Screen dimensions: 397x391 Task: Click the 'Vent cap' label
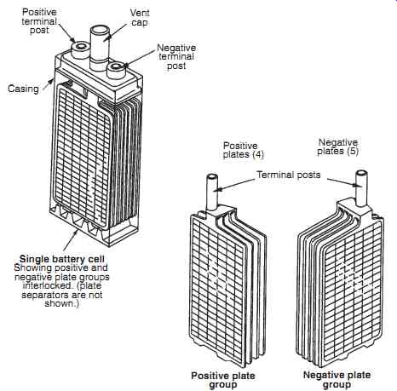pos(140,17)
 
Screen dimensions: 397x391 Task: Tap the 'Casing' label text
pos(23,89)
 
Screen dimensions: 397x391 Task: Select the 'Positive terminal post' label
pos(39,21)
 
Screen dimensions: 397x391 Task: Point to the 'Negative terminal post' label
pos(176,56)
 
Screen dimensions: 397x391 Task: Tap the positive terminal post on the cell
pos(79,50)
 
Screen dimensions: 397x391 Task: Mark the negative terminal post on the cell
pos(116,70)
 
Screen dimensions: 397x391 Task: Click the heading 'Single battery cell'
pos(62,259)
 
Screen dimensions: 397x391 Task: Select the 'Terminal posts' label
pos(289,175)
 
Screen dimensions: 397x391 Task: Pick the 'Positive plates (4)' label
pos(244,150)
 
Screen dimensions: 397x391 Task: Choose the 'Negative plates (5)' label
pos(338,147)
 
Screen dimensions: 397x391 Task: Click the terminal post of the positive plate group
pos(212,193)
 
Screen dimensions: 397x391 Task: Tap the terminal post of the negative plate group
pos(361,188)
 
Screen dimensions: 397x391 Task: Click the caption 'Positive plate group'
pos(223,380)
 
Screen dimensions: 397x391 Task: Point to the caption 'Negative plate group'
pos(337,380)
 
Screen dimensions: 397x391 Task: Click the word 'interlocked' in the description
pos(47,285)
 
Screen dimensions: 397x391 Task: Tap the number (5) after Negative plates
pos(352,151)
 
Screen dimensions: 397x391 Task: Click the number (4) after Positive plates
pos(257,155)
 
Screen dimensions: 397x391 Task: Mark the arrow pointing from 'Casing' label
pos(48,85)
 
